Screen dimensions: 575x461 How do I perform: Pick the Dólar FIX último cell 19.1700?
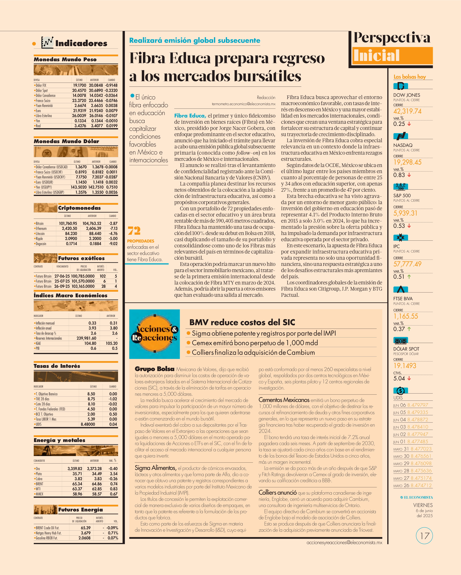79,85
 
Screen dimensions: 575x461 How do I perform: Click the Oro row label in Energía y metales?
38,469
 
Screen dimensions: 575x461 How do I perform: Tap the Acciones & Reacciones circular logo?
154,334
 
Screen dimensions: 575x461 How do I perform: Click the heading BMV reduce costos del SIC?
242,323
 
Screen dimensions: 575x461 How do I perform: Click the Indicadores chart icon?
47,43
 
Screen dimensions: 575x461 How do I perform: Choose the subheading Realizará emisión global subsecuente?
195,41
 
